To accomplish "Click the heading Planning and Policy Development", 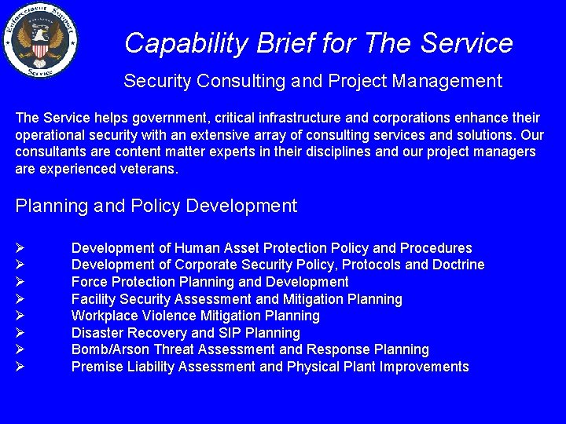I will click(x=156, y=207).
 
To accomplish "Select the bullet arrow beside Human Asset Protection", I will click(x=20, y=248).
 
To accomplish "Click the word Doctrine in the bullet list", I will click(x=457, y=265).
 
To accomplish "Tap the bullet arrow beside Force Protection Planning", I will click(x=20, y=282).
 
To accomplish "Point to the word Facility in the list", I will click(x=93, y=299).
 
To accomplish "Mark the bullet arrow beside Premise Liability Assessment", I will click(x=20, y=367).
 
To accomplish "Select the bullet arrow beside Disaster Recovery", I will click(x=20, y=333).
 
